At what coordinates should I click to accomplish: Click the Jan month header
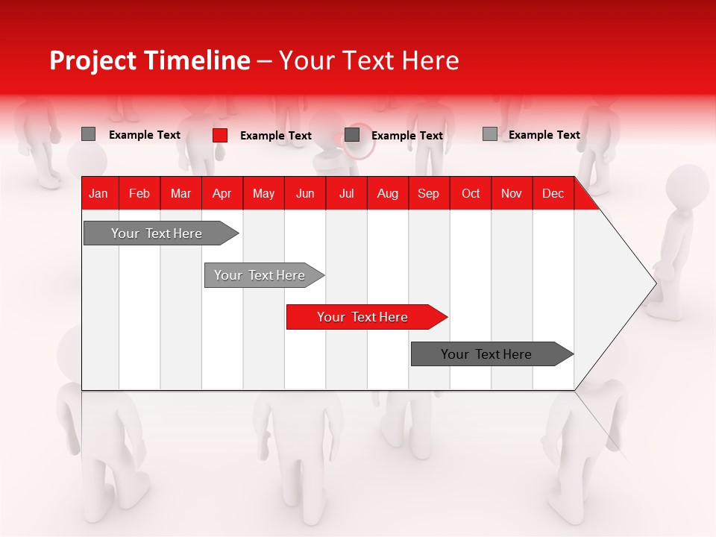pyautogui.click(x=98, y=194)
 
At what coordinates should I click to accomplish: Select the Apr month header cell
pyautogui.click(x=222, y=194)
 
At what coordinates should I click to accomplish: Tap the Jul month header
pyautogui.click(x=346, y=194)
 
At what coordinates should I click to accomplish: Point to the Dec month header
pyautogui.click(x=553, y=194)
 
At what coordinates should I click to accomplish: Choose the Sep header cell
pyautogui.click(x=428, y=194)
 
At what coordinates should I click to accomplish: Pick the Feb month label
pyautogui.click(x=139, y=194)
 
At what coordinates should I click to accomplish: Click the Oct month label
pyautogui.click(x=471, y=194)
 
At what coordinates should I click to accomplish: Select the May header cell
pyautogui.click(x=263, y=194)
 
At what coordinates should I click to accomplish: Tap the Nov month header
pyautogui.click(x=512, y=194)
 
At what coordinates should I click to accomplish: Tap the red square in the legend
pyautogui.click(x=220, y=135)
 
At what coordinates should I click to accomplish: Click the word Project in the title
pyautogui.click(x=92, y=60)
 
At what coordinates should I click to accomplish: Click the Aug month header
pyautogui.click(x=387, y=194)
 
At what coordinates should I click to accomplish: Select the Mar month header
pyautogui.click(x=180, y=194)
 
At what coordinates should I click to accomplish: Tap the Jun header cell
pyautogui.click(x=305, y=194)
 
